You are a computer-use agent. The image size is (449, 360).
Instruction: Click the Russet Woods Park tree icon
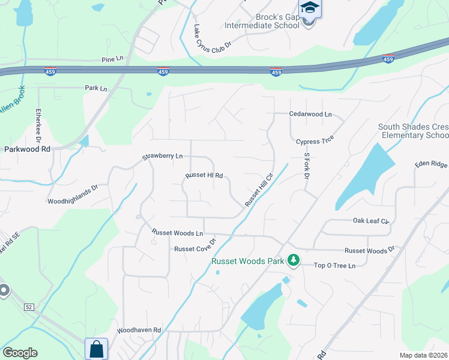pyautogui.click(x=294, y=260)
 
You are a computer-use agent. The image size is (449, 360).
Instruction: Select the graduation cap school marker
pyautogui.click(x=310, y=8)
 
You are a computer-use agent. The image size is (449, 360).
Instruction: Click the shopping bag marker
pyautogui.click(x=96, y=349)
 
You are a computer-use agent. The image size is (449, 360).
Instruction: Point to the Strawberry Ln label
pyautogui.click(x=162, y=157)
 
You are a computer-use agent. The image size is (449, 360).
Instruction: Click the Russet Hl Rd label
pyautogui.click(x=204, y=176)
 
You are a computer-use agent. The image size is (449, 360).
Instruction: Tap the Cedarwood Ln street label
pyautogui.click(x=310, y=114)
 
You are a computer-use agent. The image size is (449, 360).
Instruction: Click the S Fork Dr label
pyautogui.click(x=306, y=166)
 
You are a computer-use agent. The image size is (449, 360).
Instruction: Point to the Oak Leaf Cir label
pyautogui.click(x=371, y=221)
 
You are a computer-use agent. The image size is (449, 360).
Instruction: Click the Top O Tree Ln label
pyautogui.click(x=335, y=265)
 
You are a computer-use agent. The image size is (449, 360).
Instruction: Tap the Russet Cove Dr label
pyautogui.click(x=194, y=249)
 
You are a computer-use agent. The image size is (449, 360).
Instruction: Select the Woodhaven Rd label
pyautogui.click(x=139, y=330)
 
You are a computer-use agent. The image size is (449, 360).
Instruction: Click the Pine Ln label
pyautogui.click(x=112, y=59)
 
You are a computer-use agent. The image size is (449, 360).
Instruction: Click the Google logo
pyautogui.click(x=20, y=352)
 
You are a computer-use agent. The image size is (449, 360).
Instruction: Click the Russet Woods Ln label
pyautogui.click(x=178, y=232)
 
